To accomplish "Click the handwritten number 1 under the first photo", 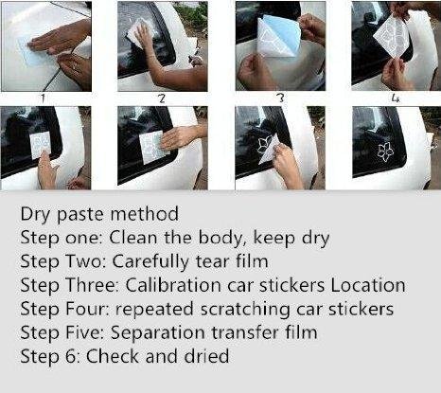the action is pos(43,98).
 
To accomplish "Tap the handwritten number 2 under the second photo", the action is pos(162,98).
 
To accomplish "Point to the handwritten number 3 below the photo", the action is pos(280,98).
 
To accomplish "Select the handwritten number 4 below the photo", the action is pos(396,98).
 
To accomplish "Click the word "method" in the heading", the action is pos(144,214).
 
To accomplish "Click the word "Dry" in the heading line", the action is pos(35,215).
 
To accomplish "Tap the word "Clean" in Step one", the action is pos(133,238).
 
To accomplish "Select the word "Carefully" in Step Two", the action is pos(150,262).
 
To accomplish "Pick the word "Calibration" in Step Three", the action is pos(173,285).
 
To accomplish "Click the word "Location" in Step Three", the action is pos(368,285).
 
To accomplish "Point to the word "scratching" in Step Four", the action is pos(245,310).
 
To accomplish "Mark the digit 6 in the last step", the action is pos(71,356).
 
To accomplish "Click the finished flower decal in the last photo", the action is pos(385,152).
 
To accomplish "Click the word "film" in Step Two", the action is pos(252,261).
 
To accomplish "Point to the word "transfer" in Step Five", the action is pos(245,332).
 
